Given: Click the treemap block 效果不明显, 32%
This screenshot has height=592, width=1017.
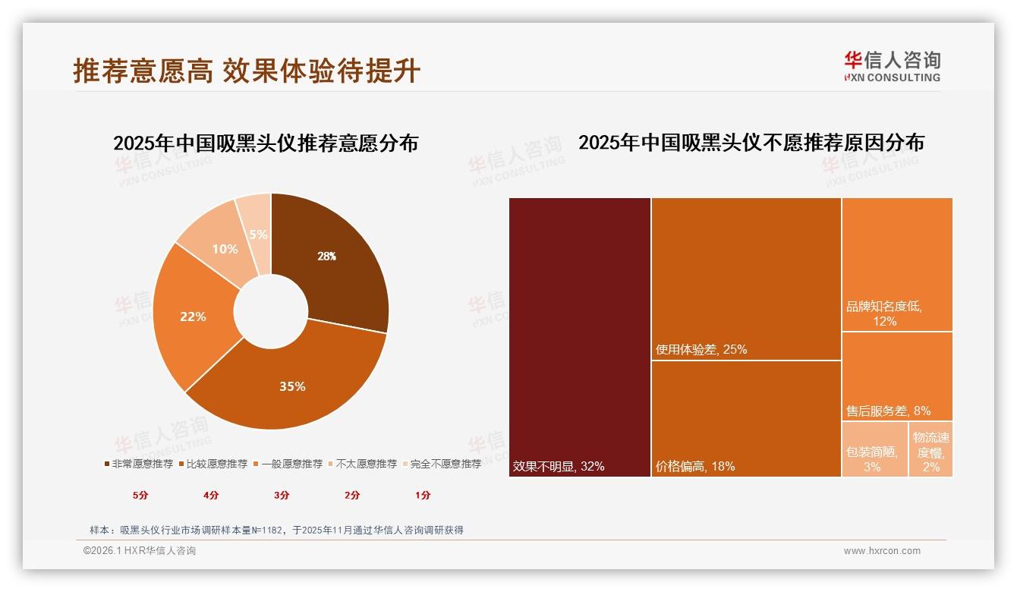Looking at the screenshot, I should pos(579,337).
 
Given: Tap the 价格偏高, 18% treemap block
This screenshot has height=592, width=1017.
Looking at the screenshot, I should pos(746,418).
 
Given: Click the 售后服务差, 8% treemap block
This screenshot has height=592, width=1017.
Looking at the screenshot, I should pos(896,376).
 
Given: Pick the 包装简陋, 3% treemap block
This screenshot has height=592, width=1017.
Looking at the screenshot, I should pos(874,449).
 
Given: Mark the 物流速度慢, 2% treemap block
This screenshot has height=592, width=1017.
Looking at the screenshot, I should pos(930,449).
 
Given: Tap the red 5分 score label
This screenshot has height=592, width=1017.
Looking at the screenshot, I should pos(140,496).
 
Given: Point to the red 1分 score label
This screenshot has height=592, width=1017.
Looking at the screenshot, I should pos(423,496).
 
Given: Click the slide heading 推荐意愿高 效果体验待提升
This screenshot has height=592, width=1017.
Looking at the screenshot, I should pos(247,71).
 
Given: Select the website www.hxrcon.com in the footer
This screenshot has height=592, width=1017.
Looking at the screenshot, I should pos(882,551).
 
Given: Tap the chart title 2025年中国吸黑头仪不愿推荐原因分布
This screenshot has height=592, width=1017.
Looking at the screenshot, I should pos(751,143).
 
